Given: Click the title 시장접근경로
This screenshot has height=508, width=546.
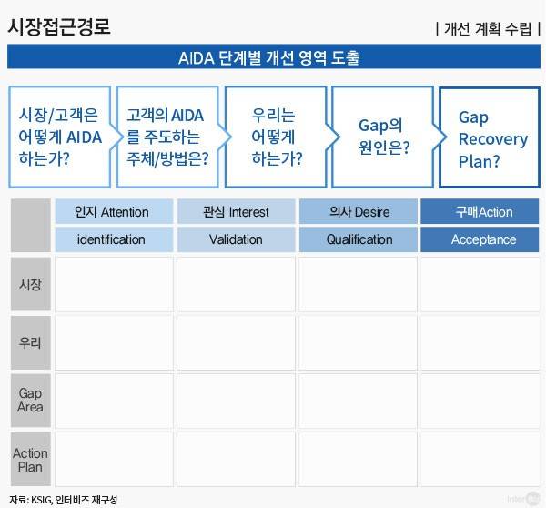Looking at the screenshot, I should (x=59, y=26).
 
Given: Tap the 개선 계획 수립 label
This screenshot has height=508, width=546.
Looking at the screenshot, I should (x=488, y=27).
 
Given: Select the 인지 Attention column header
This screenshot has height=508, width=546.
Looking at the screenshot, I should (x=113, y=212).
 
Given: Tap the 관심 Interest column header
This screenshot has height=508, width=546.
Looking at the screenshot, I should (x=235, y=212).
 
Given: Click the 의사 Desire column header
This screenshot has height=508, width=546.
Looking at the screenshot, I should (x=359, y=212).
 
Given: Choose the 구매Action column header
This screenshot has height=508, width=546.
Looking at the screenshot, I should (x=480, y=212).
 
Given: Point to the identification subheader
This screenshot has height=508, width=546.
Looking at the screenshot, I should (x=113, y=239).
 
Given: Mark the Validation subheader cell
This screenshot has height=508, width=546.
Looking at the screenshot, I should (x=235, y=239).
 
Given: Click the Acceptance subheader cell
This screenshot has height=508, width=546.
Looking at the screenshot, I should (x=480, y=239).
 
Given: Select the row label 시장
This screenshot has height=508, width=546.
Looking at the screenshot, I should (x=30, y=284).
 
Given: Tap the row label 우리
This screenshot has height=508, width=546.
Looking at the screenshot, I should (x=30, y=342).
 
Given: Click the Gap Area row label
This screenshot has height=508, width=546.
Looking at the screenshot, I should (x=30, y=401).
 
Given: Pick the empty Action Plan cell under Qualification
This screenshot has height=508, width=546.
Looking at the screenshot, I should (x=359, y=459).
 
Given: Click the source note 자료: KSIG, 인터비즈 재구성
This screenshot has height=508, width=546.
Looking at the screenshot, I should (x=64, y=500).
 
